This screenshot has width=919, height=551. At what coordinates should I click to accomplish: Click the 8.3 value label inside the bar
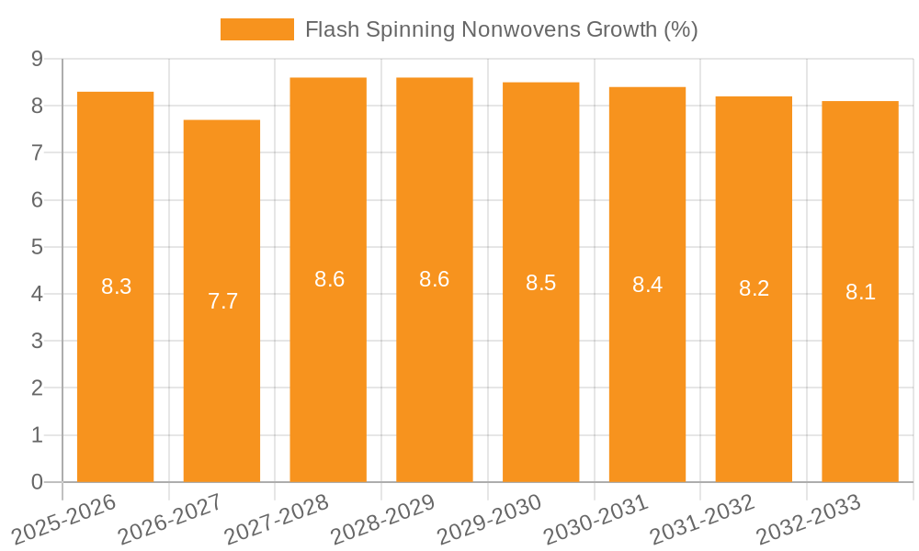[117, 287]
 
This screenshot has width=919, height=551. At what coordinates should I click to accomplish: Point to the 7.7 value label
[222, 301]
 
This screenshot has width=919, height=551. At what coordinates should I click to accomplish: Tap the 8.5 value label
[541, 283]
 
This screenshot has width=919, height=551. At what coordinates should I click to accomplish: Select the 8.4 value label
[647, 285]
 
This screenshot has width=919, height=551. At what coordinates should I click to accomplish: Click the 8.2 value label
[754, 288]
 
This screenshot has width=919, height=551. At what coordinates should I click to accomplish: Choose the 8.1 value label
[860, 292]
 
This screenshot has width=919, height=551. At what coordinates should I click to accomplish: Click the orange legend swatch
[256, 29]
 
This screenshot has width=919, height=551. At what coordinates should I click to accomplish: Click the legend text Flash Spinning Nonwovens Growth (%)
[501, 29]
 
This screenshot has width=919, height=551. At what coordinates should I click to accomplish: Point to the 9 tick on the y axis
[38, 59]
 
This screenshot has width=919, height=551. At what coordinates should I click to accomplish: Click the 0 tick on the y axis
[38, 482]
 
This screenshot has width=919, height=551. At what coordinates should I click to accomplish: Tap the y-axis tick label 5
[38, 247]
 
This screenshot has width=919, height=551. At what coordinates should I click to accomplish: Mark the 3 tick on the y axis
[38, 342]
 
